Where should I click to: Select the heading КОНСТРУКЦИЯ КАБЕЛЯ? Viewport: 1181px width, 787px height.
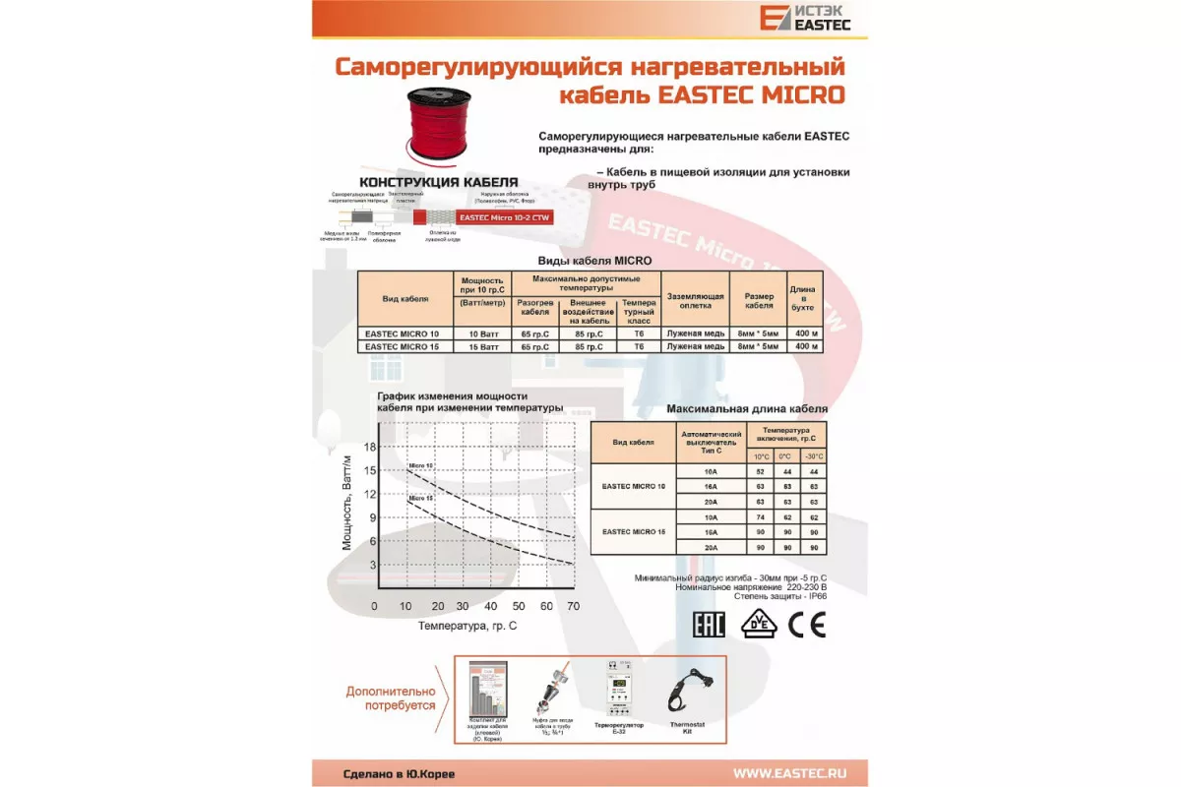click(438, 182)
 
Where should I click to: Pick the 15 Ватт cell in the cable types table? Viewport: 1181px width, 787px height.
click(479, 346)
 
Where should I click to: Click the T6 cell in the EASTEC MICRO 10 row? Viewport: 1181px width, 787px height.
click(639, 333)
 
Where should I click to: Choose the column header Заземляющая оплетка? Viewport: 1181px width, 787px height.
click(696, 300)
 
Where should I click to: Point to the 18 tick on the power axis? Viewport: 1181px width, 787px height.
click(370, 447)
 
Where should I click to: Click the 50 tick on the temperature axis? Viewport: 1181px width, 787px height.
click(519, 606)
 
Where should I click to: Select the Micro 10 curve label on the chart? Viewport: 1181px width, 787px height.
click(421, 464)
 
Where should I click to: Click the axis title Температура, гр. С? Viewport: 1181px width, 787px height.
click(467, 626)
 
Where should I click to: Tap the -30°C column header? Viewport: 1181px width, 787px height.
click(813, 456)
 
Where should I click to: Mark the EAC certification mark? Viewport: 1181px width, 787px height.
click(709, 626)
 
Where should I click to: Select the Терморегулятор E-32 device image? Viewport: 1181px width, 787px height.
click(618, 689)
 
